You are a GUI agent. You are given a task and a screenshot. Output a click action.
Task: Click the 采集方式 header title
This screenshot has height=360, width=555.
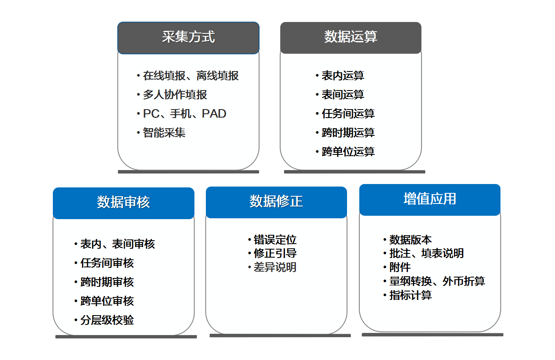[x=188, y=37]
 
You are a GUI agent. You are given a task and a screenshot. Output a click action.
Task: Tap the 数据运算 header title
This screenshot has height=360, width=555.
[x=350, y=37]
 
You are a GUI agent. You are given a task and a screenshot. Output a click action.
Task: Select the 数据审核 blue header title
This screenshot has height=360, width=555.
[x=123, y=202]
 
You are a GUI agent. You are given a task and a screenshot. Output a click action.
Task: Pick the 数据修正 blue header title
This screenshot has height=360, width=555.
[x=276, y=201]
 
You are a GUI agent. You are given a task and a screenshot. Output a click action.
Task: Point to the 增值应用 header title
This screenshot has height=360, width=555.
[x=429, y=199]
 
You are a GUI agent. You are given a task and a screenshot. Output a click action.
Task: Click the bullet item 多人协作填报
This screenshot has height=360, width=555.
[x=175, y=94]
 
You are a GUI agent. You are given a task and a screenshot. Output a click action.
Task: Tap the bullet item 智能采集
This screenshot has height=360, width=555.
[x=164, y=132]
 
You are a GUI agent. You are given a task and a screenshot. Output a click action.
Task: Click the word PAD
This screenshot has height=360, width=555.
[x=214, y=113]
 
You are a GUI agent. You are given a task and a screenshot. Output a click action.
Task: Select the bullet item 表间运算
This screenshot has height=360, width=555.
[x=343, y=94]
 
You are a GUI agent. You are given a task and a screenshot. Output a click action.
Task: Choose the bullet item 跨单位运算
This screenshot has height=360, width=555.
[x=348, y=151]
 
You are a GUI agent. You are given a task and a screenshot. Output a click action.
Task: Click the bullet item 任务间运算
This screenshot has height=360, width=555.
[x=348, y=113]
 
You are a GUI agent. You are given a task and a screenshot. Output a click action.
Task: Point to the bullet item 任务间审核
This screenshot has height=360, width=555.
[x=107, y=263]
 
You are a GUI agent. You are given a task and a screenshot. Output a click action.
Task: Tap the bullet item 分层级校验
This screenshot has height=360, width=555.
[x=107, y=320]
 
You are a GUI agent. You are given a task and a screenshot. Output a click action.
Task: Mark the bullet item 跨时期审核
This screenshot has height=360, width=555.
[x=107, y=282]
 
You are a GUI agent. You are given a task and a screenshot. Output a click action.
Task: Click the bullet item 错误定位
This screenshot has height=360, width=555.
[x=275, y=240]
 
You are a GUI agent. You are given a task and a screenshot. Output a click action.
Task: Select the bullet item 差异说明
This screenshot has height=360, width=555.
[x=275, y=267]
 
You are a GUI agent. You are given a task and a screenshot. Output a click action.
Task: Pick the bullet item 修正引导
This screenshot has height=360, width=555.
[x=275, y=253]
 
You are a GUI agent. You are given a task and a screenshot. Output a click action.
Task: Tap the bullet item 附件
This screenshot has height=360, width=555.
[x=400, y=267]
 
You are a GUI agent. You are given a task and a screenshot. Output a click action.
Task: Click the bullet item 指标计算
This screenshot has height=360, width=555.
[x=410, y=295]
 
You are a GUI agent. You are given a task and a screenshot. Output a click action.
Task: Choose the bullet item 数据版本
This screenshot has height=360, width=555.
[x=410, y=240]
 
